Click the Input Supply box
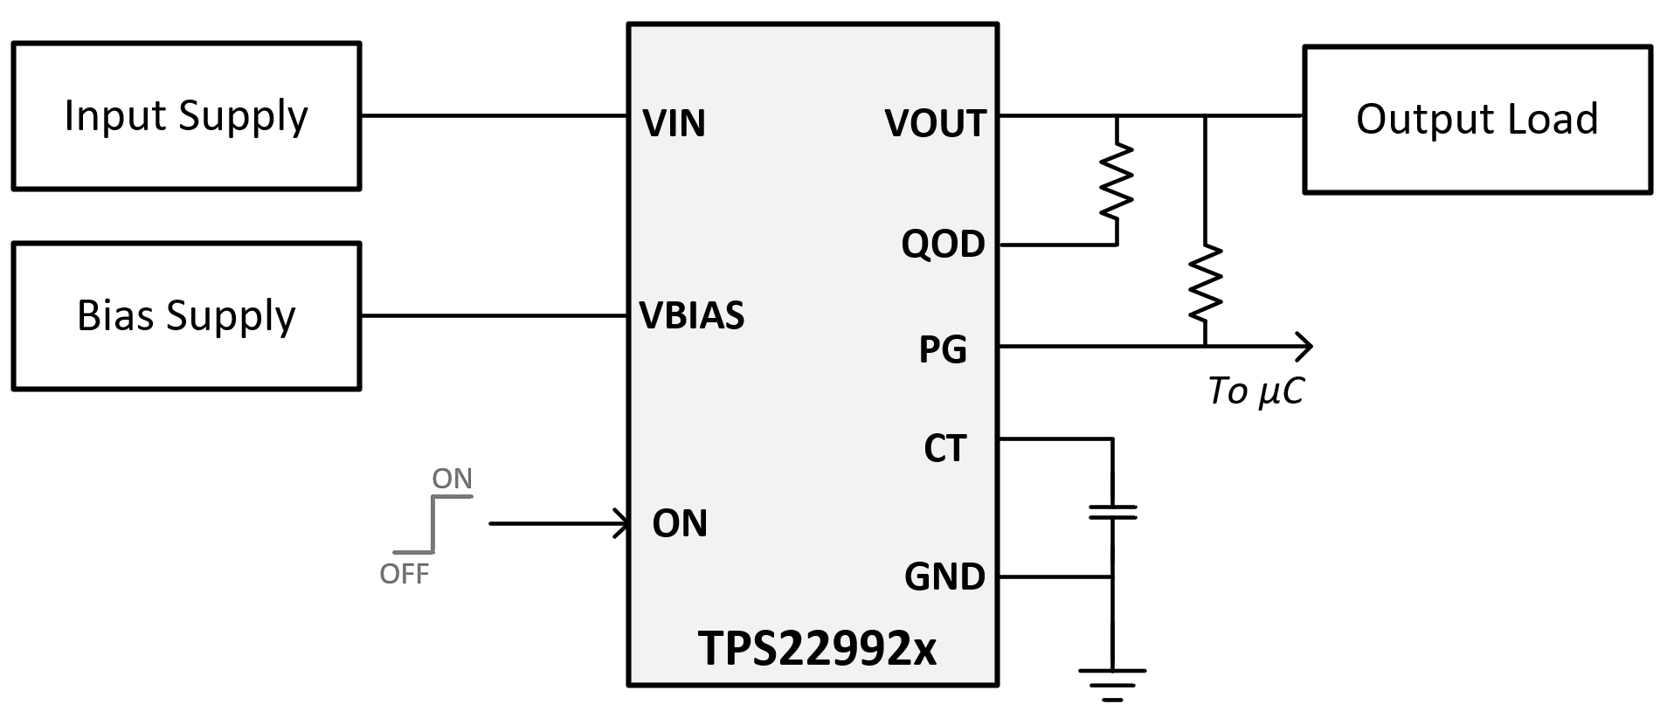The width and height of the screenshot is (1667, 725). (186, 116)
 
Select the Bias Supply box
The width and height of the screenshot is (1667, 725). (186, 316)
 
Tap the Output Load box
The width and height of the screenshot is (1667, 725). (1477, 120)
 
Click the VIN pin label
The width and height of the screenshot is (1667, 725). (674, 123)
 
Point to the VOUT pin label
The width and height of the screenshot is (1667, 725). (935, 123)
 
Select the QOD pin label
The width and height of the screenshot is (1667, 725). (943, 244)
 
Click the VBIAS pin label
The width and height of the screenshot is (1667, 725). (692, 315)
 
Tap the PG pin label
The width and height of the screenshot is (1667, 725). (943, 349)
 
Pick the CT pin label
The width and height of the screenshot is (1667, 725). (944, 448)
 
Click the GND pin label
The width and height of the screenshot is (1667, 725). (944, 577)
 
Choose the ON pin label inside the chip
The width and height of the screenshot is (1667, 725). (680, 523)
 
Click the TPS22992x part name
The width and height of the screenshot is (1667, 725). (817, 648)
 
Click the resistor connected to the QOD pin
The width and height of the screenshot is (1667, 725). (1117, 182)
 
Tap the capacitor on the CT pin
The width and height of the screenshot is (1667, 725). (1112, 512)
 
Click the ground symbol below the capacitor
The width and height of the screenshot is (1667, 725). (1111, 685)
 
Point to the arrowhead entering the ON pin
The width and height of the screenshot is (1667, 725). (622, 524)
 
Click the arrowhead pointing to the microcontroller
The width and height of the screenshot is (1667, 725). (1303, 347)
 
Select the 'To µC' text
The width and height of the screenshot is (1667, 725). (1255, 391)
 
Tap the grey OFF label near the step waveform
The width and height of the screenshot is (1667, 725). (404, 574)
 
